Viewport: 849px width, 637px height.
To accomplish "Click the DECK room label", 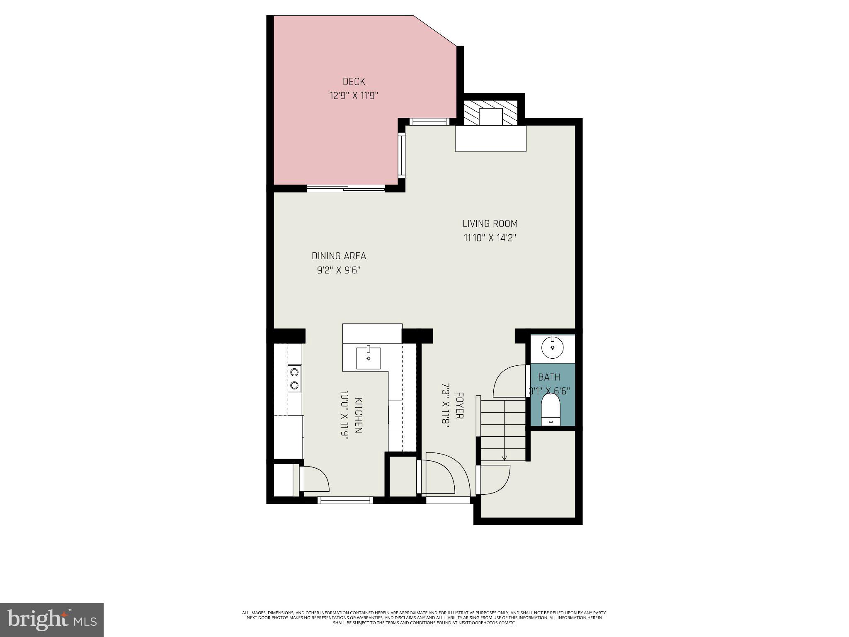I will tap(354, 82).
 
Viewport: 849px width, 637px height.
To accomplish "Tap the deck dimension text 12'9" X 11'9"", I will tap(354, 96).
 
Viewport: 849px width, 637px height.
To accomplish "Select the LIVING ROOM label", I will tap(490, 224).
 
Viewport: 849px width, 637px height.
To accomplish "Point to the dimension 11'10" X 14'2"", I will tap(490, 238).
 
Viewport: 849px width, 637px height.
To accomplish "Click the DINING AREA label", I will tap(339, 256).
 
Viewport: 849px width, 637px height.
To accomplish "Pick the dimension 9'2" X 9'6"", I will tap(339, 270).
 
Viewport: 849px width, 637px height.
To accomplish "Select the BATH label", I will tap(549, 377).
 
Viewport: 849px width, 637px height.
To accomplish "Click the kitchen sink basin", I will tap(368, 358).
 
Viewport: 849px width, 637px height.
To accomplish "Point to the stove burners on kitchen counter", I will tap(294, 378).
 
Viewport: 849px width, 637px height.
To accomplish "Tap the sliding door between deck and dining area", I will tap(345, 189).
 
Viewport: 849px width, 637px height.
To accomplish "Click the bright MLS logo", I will tap(52, 620).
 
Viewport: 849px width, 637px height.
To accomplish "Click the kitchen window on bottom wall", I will tap(345, 500).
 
